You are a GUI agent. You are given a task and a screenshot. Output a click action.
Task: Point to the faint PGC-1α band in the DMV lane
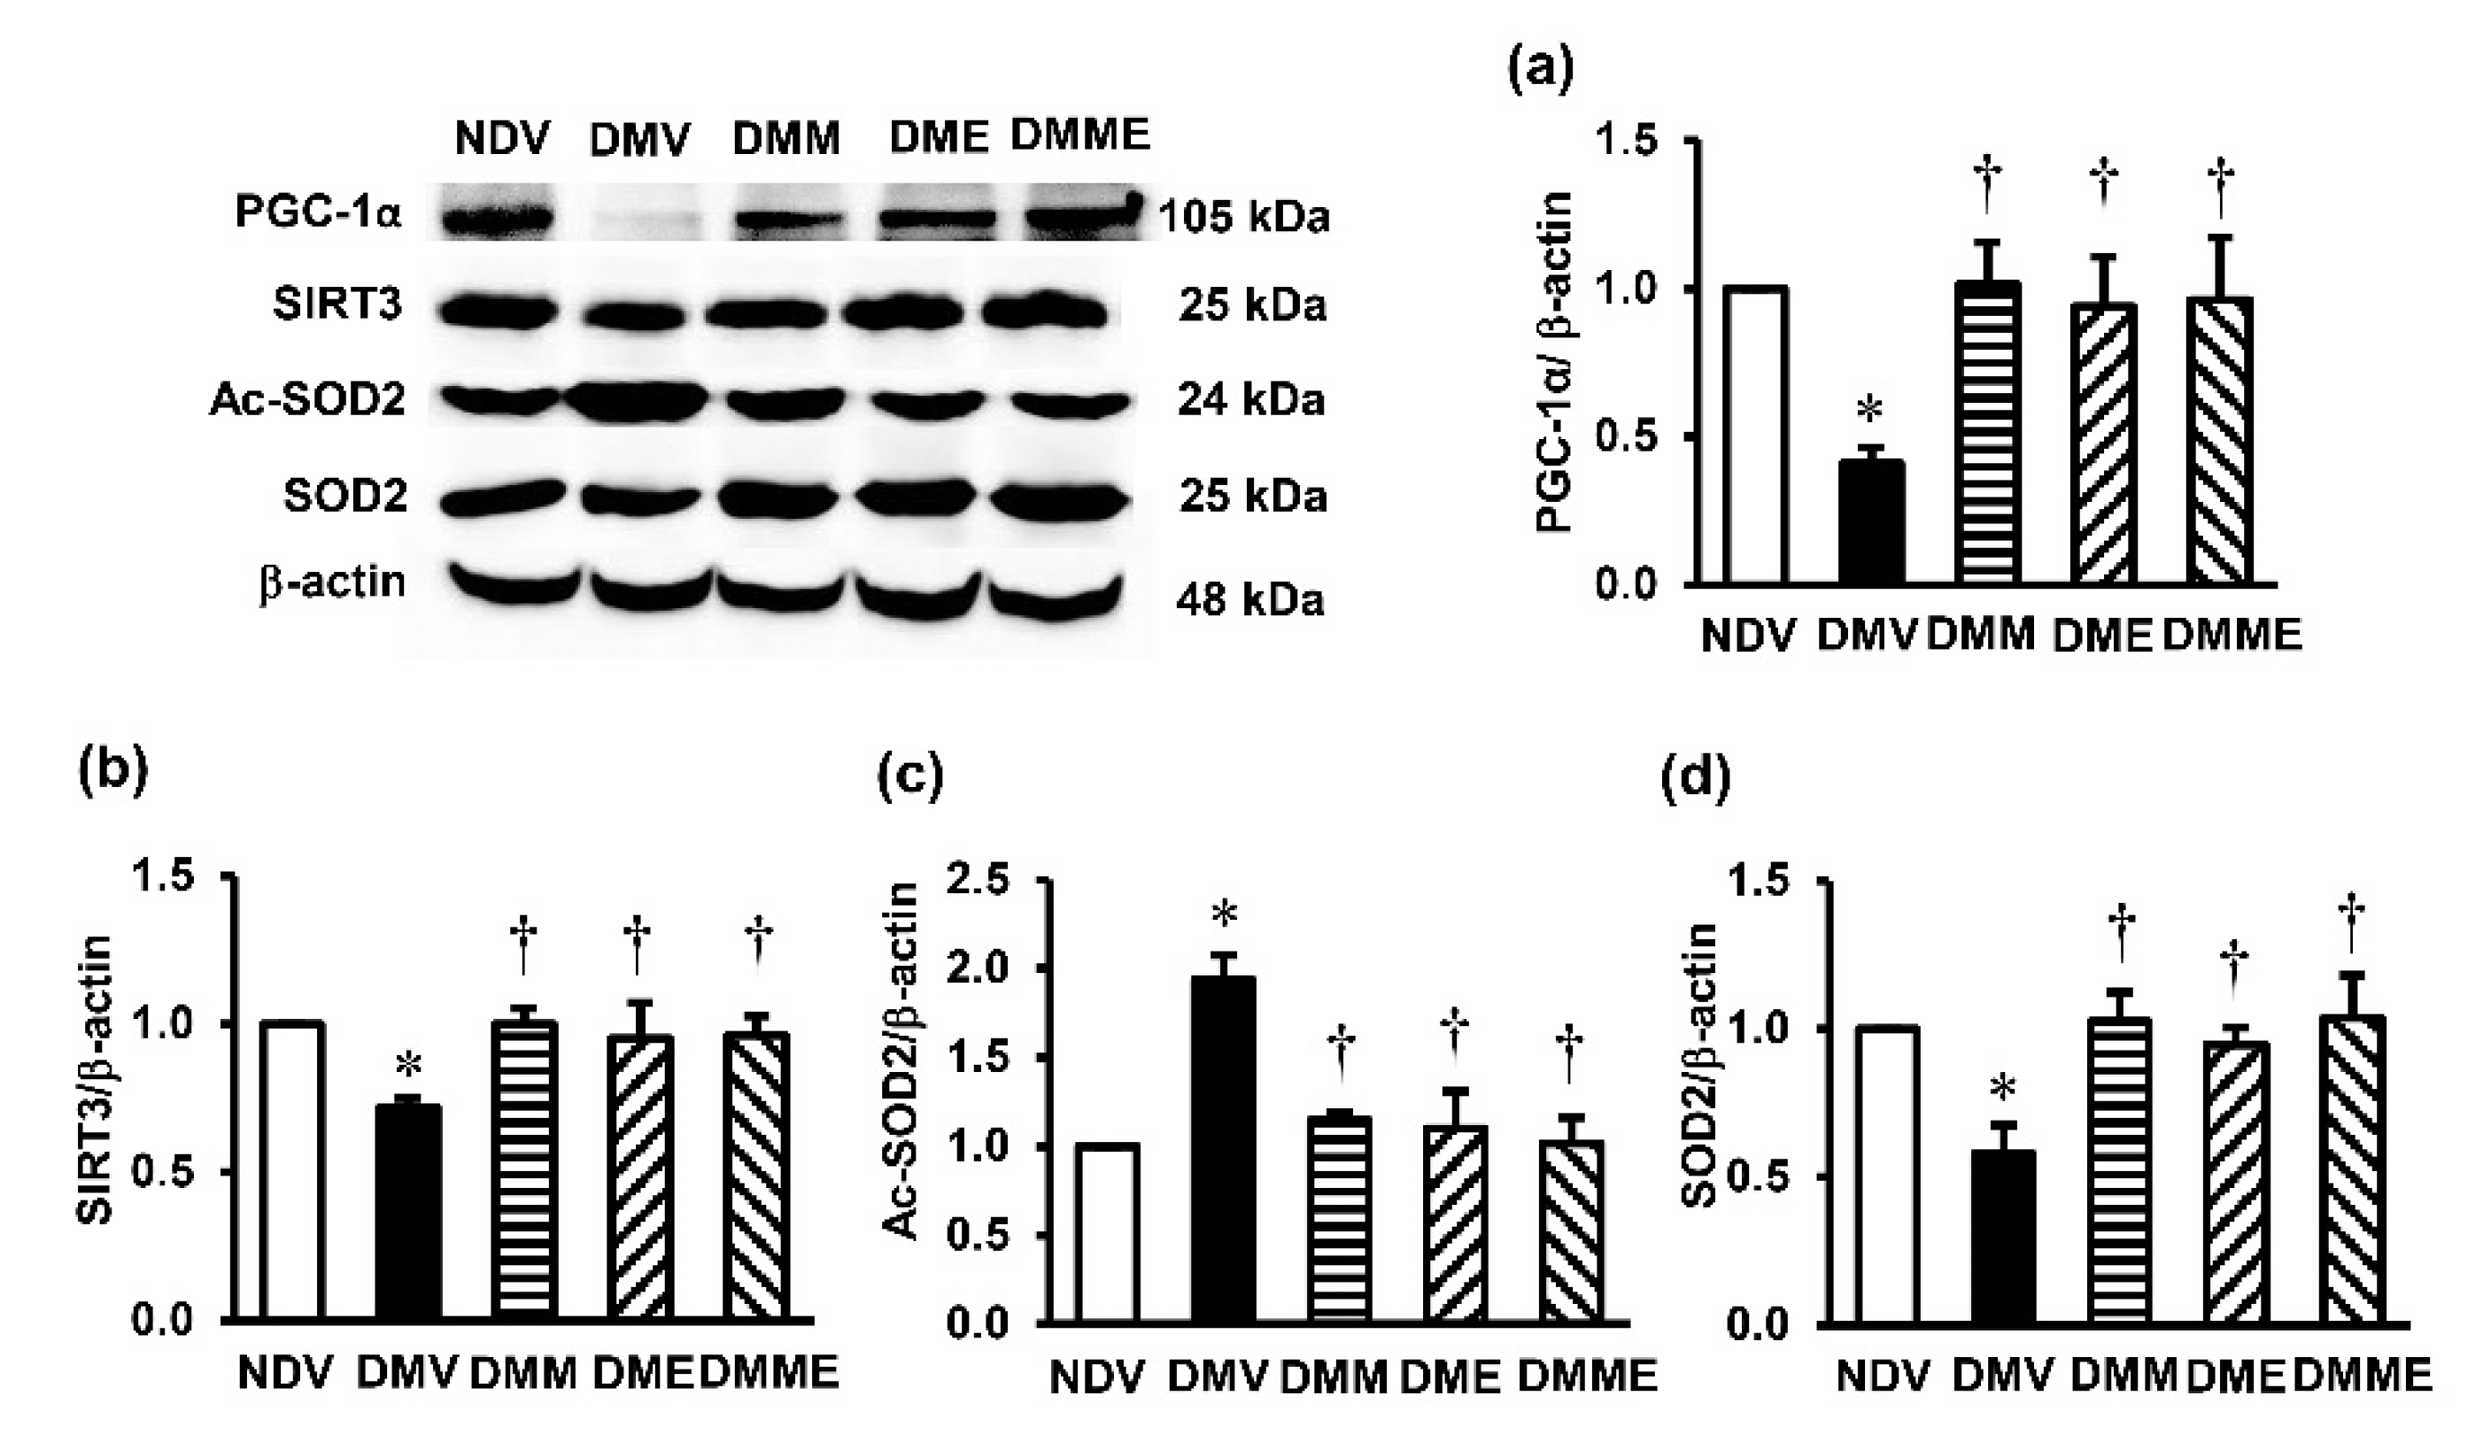[641, 223]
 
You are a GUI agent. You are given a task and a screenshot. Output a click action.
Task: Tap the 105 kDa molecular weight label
[1244, 218]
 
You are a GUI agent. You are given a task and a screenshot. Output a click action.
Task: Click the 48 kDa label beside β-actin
[1249, 599]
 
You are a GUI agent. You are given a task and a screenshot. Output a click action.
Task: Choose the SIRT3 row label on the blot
[338, 305]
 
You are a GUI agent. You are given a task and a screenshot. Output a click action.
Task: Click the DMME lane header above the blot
[1080, 135]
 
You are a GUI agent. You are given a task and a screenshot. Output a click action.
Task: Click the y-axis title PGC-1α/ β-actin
[1554, 363]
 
